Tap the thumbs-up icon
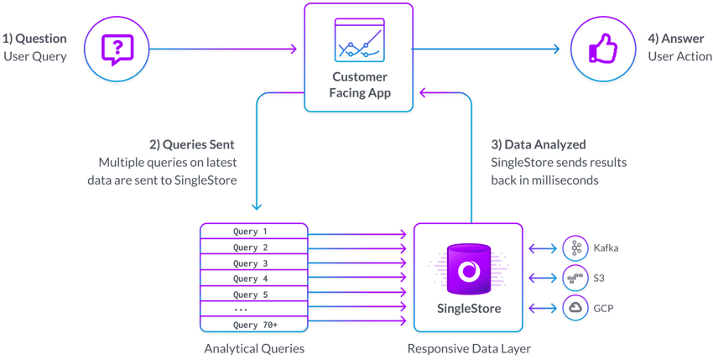point(602,50)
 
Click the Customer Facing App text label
point(359,86)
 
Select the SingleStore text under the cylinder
point(469,309)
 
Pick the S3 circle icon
point(575,276)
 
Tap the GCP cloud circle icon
point(575,306)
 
